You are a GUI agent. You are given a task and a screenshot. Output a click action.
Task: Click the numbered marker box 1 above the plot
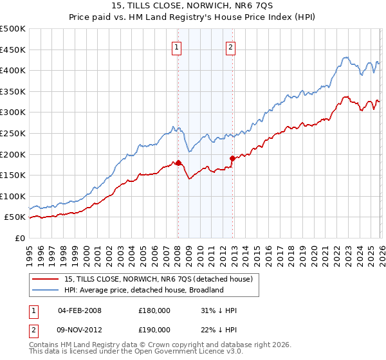(x=176, y=46)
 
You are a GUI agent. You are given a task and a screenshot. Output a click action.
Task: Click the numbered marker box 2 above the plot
(x=230, y=46)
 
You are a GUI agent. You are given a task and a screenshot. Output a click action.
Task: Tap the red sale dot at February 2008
(x=178, y=163)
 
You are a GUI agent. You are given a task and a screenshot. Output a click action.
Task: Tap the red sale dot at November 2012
(x=232, y=158)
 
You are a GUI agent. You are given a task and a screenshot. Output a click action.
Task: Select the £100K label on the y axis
(x=13, y=196)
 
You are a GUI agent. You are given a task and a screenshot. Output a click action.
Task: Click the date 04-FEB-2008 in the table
(x=80, y=310)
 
